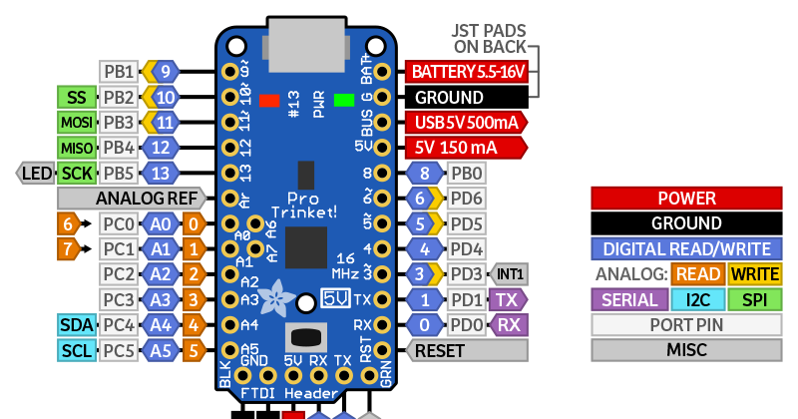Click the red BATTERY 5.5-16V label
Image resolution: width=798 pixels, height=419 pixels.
tap(465, 72)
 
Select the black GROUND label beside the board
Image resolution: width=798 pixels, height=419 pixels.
tap(465, 98)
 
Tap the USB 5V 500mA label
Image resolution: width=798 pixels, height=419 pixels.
tap(465, 123)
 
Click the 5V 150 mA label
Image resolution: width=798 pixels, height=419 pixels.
tap(465, 148)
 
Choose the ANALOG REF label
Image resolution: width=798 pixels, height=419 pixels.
tap(147, 198)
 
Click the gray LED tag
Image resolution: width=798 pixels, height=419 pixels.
tap(37, 174)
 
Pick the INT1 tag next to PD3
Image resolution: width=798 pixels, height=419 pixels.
tap(510, 273)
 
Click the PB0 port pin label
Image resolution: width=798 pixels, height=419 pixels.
tap(467, 174)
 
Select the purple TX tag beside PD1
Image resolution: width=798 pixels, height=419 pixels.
tap(508, 299)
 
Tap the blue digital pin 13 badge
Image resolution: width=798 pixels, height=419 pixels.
tap(163, 174)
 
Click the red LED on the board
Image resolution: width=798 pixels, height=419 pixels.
tap(268, 100)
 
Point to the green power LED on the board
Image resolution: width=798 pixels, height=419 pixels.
tap(345, 100)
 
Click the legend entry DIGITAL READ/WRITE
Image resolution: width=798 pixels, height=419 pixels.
tap(686, 249)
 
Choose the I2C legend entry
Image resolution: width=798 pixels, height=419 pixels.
tap(687, 299)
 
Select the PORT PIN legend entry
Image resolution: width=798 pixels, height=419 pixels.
tap(686, 324)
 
